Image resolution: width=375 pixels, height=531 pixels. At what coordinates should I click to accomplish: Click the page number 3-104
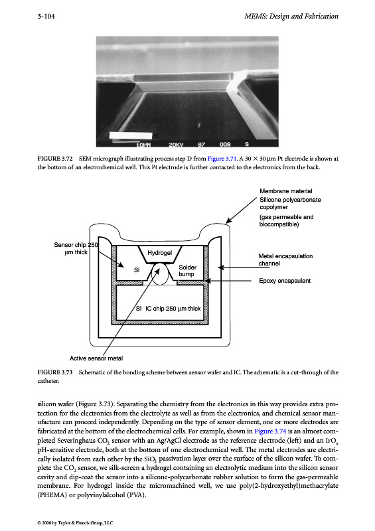(x=46, y=16)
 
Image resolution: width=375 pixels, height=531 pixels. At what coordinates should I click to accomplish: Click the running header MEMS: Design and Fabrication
(x=291, y=16)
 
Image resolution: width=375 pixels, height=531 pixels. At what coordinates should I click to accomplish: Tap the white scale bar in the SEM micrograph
(x=130, y=136)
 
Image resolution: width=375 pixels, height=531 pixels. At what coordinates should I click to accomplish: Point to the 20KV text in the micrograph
(x=176, y=144)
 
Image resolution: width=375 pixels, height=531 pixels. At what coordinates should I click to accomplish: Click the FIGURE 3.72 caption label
(x=55, y=159)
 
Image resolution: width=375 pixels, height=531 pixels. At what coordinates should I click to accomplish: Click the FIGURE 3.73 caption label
(x=55, y=372)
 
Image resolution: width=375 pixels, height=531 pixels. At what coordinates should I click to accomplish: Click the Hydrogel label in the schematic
(x=159, y=253)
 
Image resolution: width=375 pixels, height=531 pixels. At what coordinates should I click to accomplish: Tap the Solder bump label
(x=187, y=271)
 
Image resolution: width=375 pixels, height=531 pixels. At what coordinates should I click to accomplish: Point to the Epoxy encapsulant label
(x=285, y=280)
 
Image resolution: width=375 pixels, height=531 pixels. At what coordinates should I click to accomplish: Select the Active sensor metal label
(x=96, y=358)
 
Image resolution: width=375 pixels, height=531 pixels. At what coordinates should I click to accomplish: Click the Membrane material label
(x=286, y=191)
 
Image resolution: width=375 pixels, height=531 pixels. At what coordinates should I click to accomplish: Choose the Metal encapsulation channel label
(x=285, y=260)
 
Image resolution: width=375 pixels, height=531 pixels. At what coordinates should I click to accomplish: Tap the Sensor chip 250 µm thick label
(x=76, y=248)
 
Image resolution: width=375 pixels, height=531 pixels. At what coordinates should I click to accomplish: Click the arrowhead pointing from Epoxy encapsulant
(x=208, y=281)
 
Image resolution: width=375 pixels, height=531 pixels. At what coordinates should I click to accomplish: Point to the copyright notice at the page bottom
(x=75, y=522)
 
